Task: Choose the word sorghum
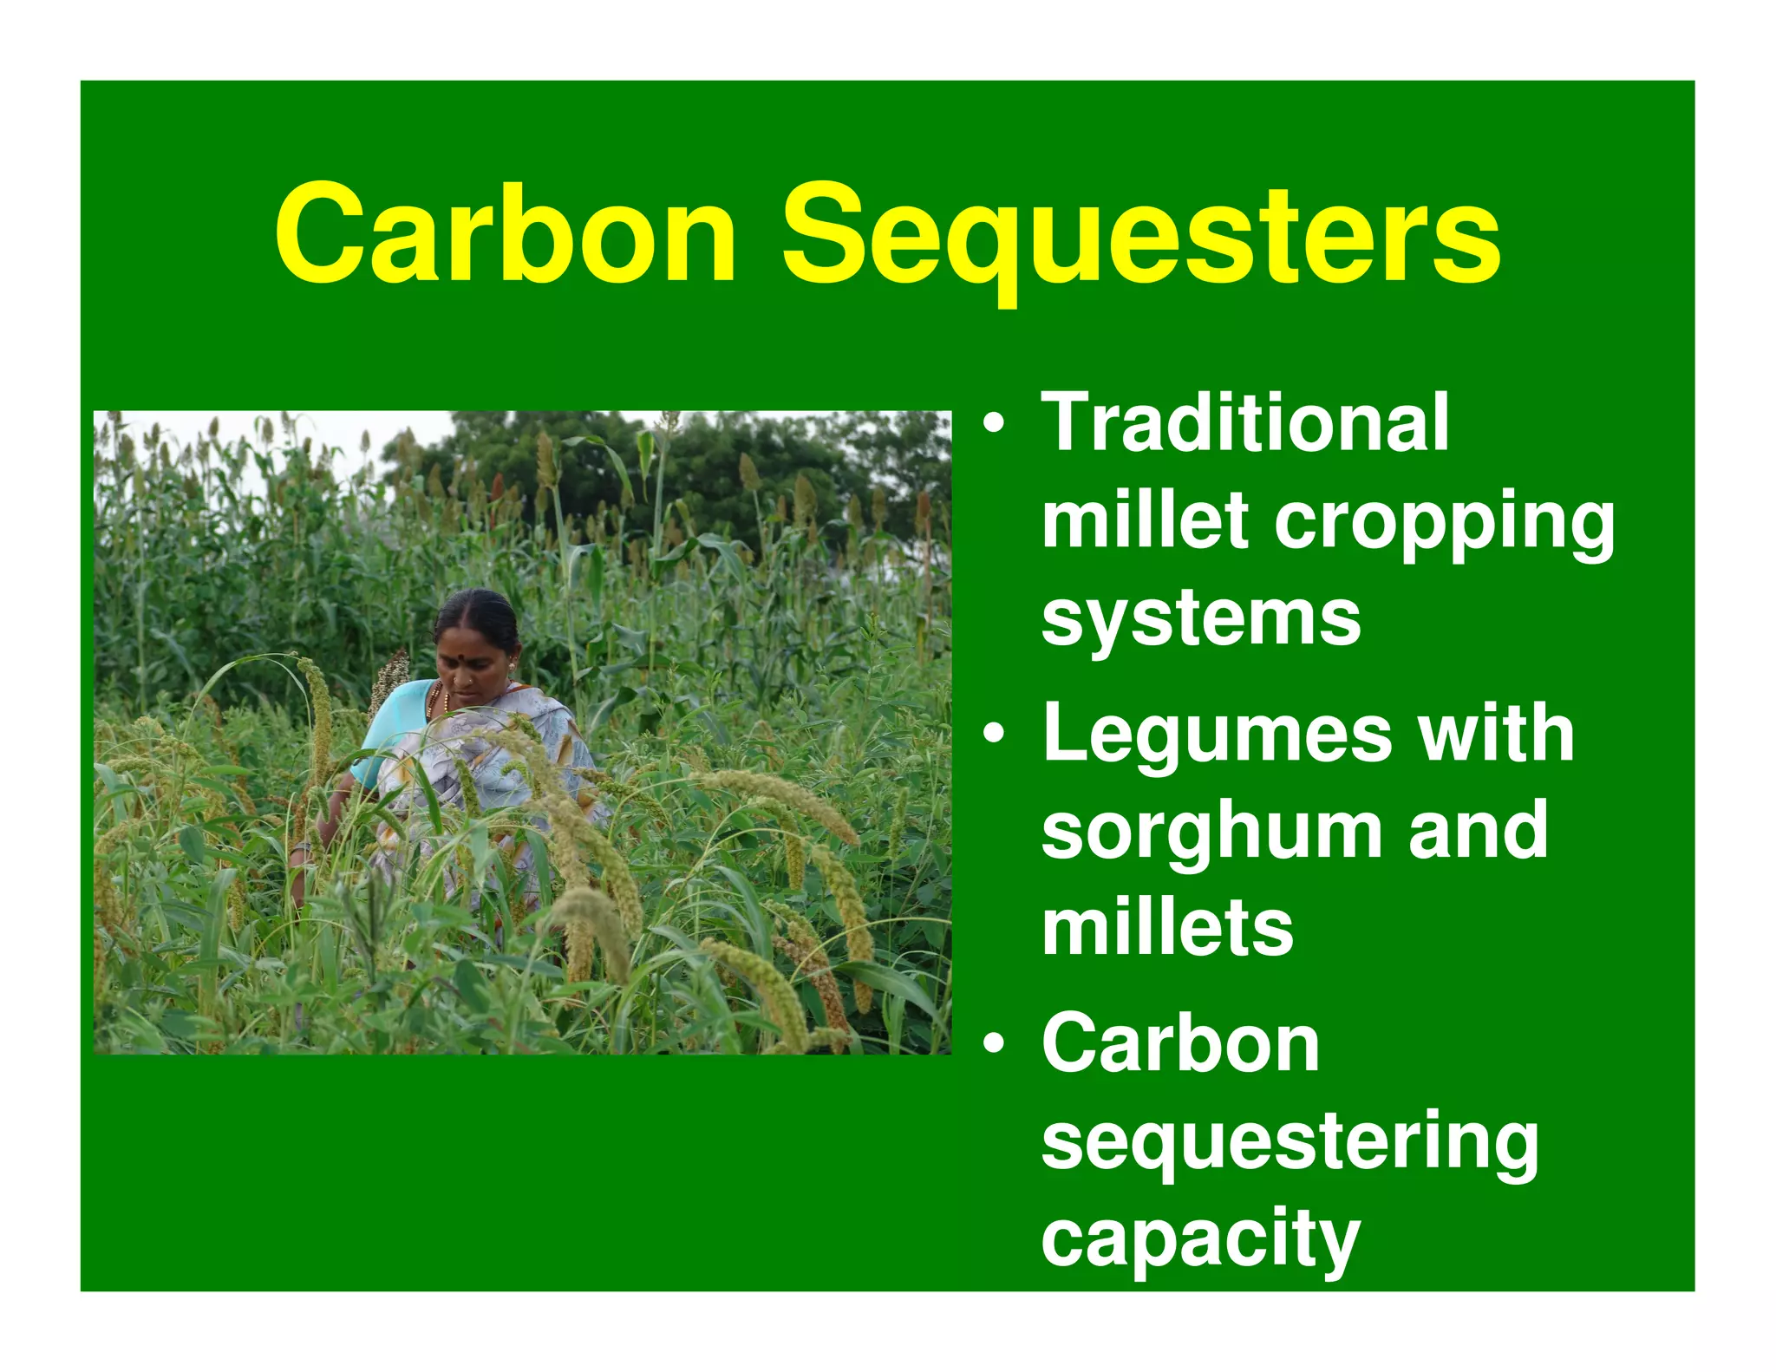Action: coord(1211,833)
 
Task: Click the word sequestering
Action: coord(1290,1143)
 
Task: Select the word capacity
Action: coord(1200,1240)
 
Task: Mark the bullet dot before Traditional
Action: coord(994,425)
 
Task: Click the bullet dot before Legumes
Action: coord(994,735)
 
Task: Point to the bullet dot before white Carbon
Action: coord(994,1044)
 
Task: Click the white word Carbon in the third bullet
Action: coord(1180,1044)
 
